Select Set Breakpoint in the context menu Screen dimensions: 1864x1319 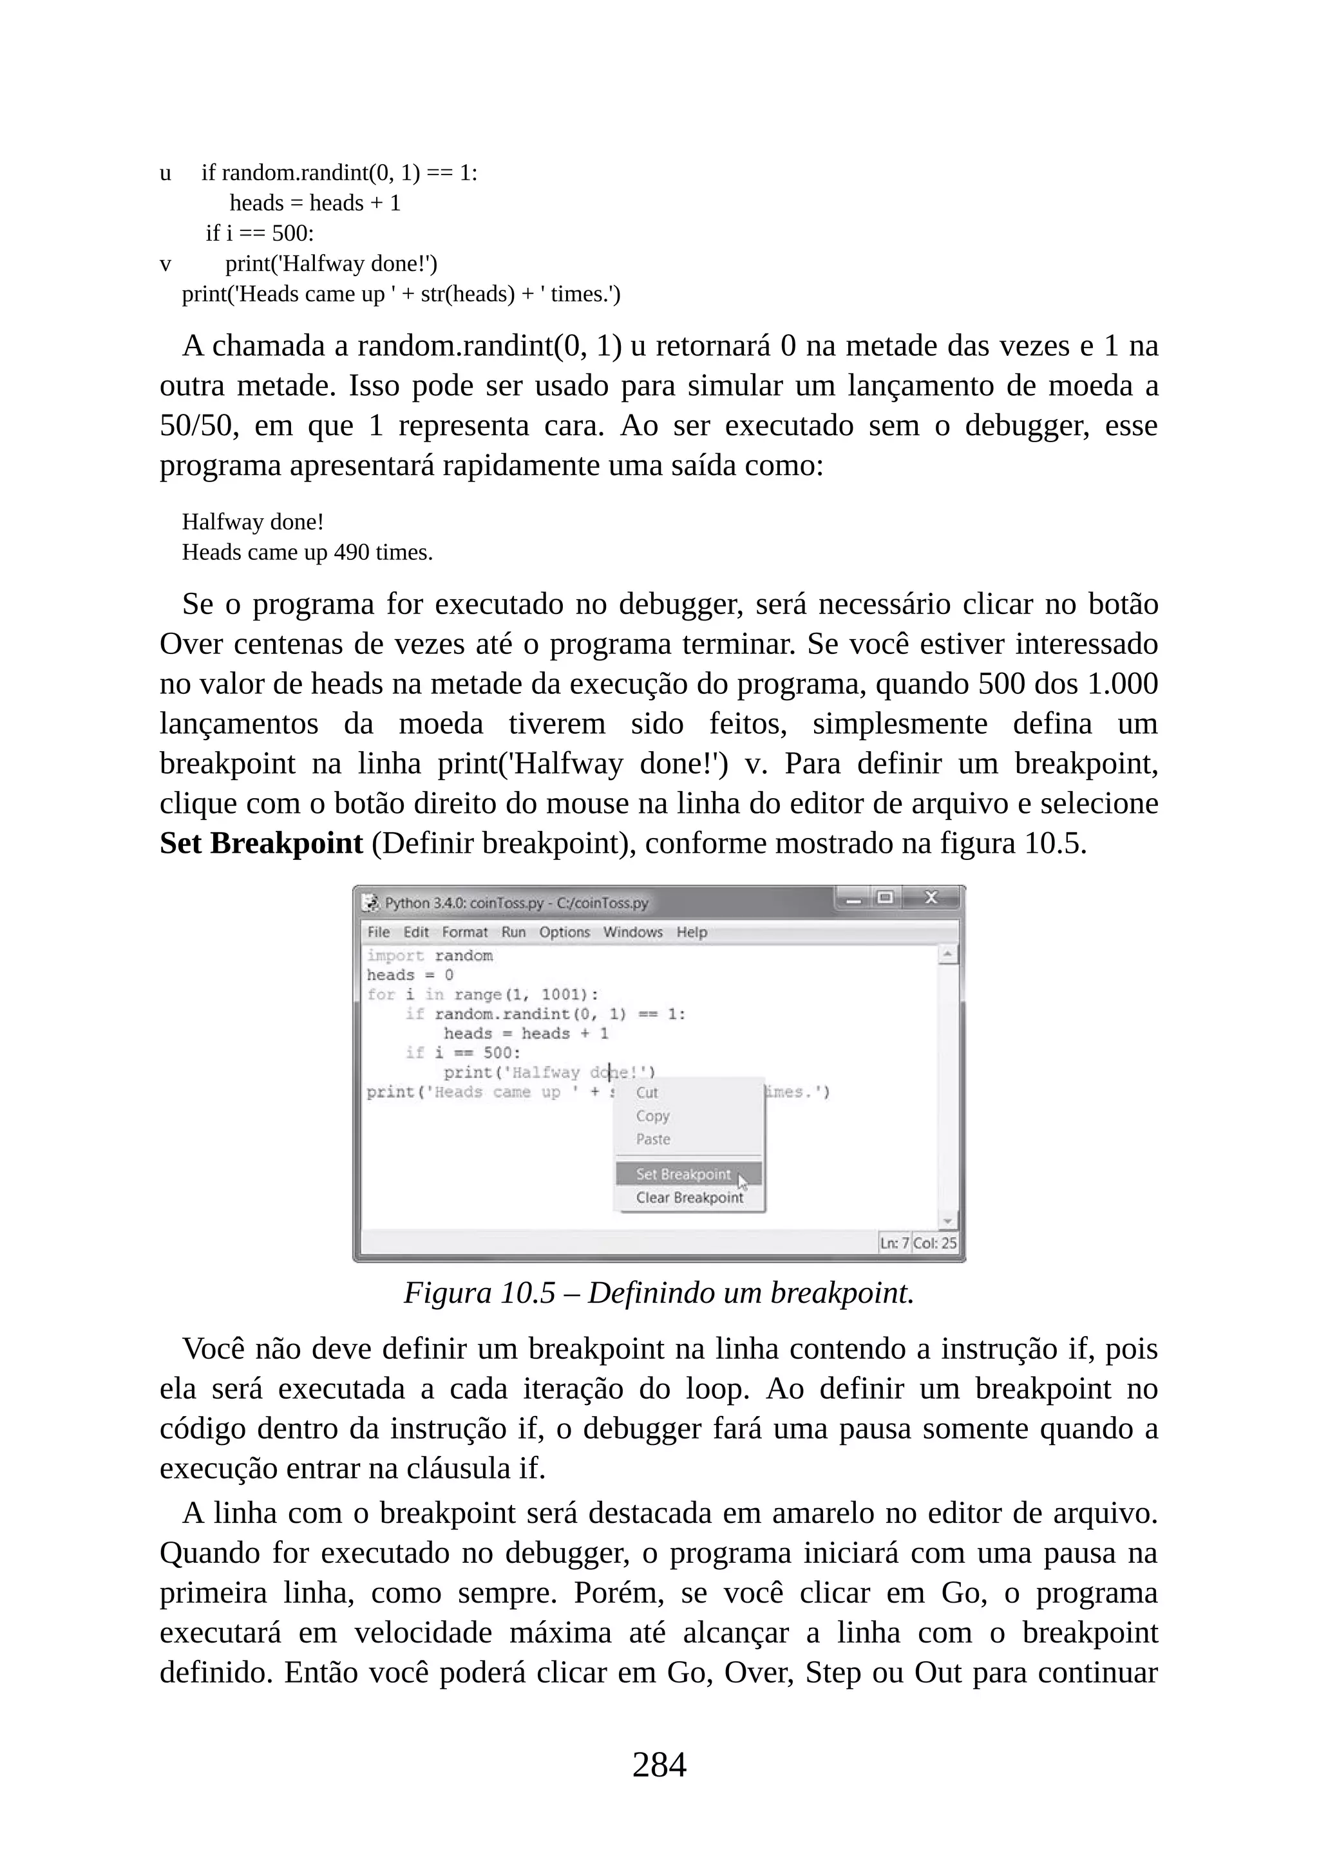[683, 1174]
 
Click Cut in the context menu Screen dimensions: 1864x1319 [647, 1093]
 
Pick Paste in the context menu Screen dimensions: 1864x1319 [653, 1139]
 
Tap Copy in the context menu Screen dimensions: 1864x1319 [652, 1116]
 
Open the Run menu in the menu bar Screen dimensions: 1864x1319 [513, 932]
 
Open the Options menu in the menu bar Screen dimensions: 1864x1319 [564, 932]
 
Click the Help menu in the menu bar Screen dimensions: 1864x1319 [692, 932]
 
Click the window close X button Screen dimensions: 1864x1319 [931, 898]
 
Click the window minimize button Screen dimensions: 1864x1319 [853, 899]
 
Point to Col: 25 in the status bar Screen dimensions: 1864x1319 [935, 1243]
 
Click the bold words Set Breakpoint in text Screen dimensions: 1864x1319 [261, 844]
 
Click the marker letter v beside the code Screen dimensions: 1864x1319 [166, 264]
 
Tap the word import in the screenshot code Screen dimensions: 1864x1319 [395, 956]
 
